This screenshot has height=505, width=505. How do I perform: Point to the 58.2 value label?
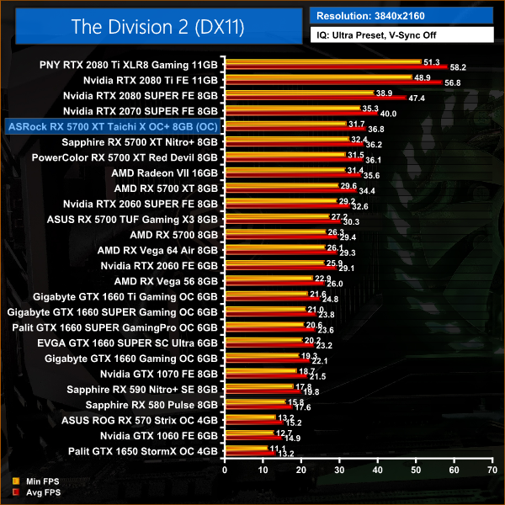(459, 66)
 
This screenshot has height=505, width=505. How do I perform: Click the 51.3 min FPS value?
(433, 61)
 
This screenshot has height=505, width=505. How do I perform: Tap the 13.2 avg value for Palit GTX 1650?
(285, 455)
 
